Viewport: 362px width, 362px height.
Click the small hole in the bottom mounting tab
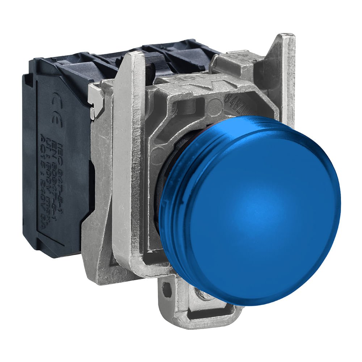click(x=167, y=289)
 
